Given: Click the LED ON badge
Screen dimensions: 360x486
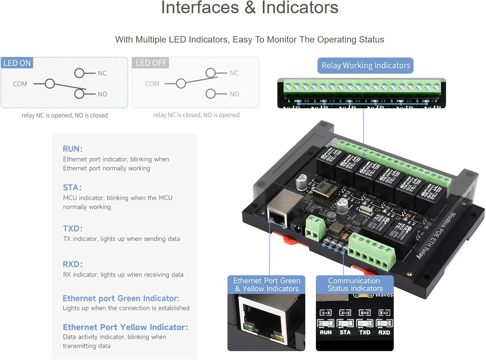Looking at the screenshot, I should tap(17, 63).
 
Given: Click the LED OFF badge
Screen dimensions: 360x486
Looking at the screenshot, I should tap(151, 63).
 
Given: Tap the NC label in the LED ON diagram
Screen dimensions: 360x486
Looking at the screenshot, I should tap(102, 73).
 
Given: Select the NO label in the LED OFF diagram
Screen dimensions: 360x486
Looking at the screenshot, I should tap(234, 94).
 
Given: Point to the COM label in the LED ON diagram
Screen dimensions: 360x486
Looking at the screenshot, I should tap(20, 84).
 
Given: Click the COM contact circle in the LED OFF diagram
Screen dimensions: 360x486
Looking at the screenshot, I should tap(181, 84).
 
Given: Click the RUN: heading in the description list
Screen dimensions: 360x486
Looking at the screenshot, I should tap(73, 149).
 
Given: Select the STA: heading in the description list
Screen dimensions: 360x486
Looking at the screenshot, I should tap(72, 187).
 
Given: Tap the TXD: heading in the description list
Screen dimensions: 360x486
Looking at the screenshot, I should tap(73, 229).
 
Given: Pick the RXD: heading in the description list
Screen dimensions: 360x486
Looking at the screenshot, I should tap(73, 264).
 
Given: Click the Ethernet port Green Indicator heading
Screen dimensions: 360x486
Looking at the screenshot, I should tap(121, 298).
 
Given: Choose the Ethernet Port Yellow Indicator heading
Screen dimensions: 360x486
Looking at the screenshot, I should tap(125, 327).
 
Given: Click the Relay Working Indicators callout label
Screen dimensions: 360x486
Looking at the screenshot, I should tap(365, 66).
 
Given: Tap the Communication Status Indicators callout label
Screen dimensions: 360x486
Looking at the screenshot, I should tap(355, 285).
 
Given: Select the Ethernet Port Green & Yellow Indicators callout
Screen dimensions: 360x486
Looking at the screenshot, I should tap(266, 285).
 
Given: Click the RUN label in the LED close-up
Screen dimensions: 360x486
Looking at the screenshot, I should tap(326, 332).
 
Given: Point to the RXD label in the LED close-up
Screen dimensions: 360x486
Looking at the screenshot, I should tap(384, 332).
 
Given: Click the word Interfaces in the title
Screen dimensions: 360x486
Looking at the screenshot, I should tap(200, 7).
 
